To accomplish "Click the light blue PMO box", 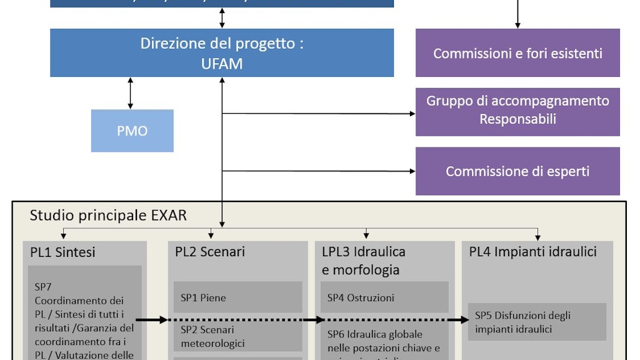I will (132, 131).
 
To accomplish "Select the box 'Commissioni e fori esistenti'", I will (517, 53).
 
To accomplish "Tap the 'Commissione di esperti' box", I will (517, 171).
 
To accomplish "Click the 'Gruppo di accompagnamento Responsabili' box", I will (517, 110).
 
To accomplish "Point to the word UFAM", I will (222, 63).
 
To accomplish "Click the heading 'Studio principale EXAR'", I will (108, 216).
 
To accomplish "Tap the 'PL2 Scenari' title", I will (210, 252).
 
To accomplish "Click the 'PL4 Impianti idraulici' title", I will (532, 252).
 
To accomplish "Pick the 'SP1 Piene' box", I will (237, 297).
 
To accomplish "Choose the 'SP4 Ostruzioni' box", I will (384, 297).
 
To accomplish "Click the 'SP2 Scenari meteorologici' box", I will (237, 336).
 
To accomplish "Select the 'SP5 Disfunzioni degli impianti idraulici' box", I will (537, 322).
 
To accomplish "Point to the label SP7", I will (43, 287).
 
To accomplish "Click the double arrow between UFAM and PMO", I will (130, 93).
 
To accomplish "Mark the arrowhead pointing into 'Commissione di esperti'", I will (412, 171).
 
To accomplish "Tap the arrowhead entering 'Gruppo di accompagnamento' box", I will (412, 114).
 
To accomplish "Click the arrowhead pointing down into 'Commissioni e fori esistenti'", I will (517, 25).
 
